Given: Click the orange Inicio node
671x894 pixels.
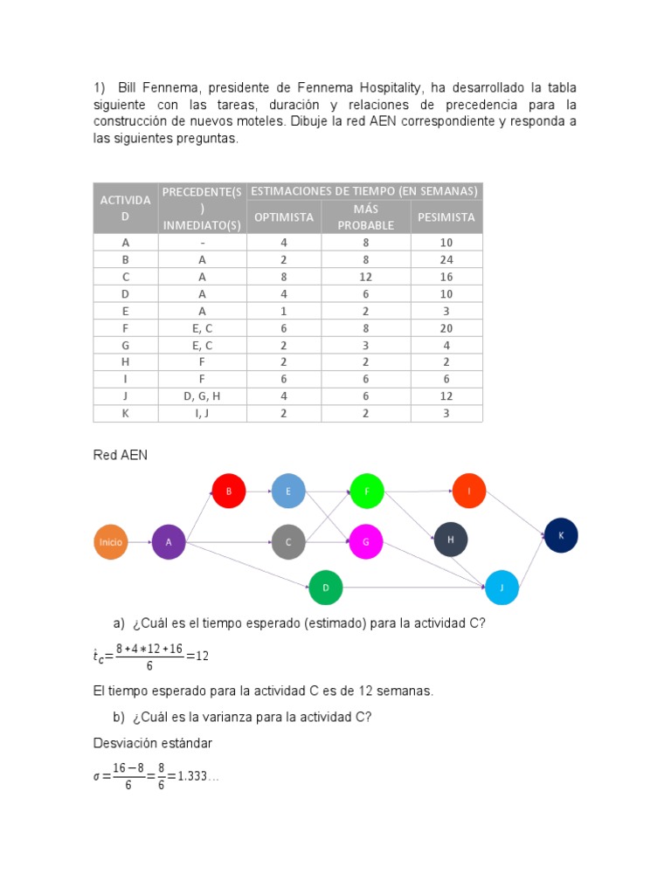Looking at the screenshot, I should click(x=111, y=542).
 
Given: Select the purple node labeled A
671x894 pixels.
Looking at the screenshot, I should click(x=169, y=542).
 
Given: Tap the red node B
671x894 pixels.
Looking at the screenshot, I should click(x=229, y=491).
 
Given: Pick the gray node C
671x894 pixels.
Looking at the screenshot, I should click(x=288, y=542).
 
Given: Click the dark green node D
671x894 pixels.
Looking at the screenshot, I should click(x=326, y=588).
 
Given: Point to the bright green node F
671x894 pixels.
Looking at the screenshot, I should click(x=367, y=491).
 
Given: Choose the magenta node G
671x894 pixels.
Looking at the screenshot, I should click(x=366, y=542).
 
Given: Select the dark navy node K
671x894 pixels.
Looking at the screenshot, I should click(x=561, y=535).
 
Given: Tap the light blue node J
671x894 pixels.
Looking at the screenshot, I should click(x=502, y=588).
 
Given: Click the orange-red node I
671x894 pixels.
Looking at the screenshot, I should click(x=469, y=491).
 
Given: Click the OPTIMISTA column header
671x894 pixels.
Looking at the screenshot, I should click(x=284, y=217).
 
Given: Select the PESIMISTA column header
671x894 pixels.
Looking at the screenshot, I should click(x=446, y=217).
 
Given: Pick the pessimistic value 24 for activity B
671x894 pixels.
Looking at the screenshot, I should click(x=446, y=259).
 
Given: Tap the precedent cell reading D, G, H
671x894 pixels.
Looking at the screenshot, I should click(x=202, y=396).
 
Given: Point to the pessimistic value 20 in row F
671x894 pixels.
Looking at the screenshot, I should click(x=446, y=328).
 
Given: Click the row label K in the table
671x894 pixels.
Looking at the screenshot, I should click(x=126, y=413).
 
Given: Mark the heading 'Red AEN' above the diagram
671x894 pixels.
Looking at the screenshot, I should click(x=121, y=456).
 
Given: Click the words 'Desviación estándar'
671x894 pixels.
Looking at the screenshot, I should click(x=153, y=743).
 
